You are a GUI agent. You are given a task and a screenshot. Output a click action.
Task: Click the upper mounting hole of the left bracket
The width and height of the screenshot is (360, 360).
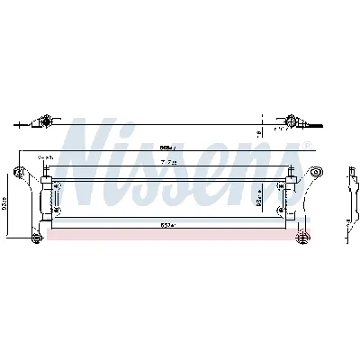tap(21, 172)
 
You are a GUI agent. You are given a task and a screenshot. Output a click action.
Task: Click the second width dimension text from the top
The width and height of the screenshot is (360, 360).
tap(168, 161)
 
